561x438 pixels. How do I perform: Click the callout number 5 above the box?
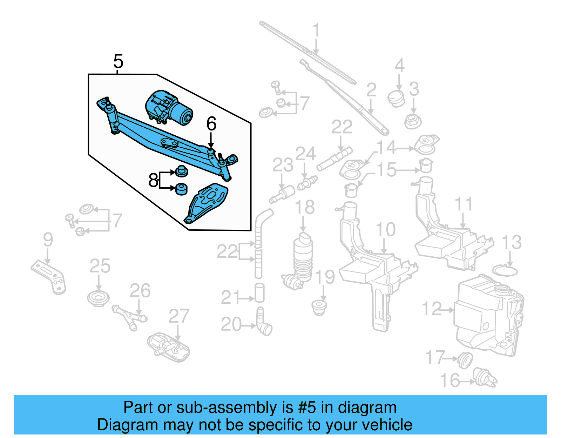[x=118, y=62]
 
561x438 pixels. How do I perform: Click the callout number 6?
[x=211, y=124]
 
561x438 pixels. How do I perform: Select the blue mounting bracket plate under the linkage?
[x=207, y=203]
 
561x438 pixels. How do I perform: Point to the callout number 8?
[x=153, y=180]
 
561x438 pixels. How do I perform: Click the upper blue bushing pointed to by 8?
[x=181, y=171]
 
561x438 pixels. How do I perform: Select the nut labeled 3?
[x=413, y=121]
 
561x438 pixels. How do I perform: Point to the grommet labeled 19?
[x=319, y=307]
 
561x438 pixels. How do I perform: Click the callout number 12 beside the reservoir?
[x=432, y=309]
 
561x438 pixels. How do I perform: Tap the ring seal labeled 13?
[x=505, y=271]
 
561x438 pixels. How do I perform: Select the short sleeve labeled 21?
[x=259, y=293]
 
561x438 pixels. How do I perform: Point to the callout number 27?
[x=179, y=317]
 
